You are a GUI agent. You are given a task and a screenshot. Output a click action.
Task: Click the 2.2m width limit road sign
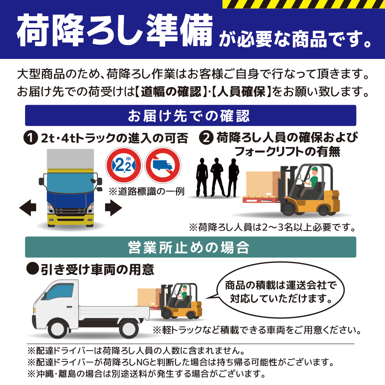click(122, 165)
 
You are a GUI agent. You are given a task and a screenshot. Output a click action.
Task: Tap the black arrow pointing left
click(28, 209)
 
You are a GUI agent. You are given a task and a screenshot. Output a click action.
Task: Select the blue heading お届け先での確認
click(191, 115)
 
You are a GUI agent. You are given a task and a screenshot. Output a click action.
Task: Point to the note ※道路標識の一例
click(147, 191)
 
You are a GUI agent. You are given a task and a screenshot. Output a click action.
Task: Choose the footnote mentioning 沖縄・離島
click(146, 373)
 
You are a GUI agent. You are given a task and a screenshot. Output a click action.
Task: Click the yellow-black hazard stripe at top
click(304, 4)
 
